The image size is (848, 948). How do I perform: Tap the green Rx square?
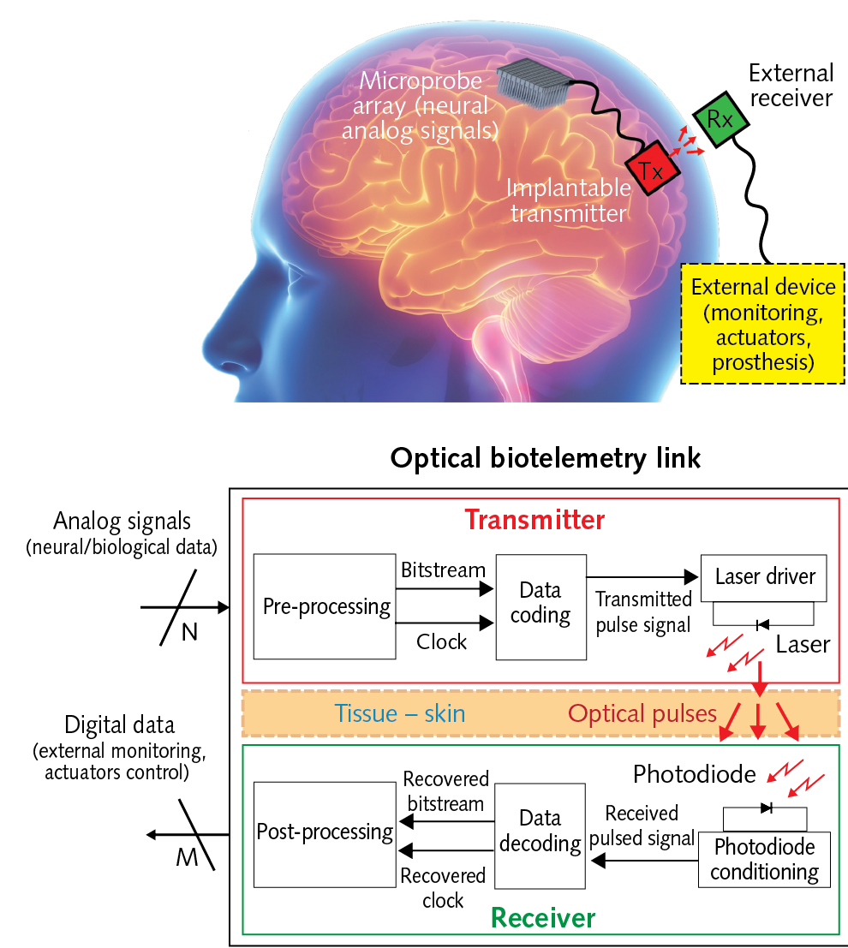(x=719, y=119)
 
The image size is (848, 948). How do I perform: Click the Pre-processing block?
(x=325, y=607)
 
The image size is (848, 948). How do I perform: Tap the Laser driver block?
(x=764, y=576)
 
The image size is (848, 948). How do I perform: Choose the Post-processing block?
(x=325, y=831)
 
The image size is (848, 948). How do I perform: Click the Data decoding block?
(x=540, y=831)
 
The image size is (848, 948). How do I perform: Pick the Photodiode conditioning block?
(x=764, y=860)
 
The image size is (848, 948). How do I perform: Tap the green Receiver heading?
(x=542, y=919)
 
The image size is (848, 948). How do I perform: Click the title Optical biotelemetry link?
(x=546, y=458)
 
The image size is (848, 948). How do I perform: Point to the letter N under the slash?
(x=188, y=633)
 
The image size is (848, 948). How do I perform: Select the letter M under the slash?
(x=187, y=857)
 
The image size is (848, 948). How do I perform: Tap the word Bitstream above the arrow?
(x=442, y=569)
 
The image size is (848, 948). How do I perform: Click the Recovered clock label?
(x=443, y=888)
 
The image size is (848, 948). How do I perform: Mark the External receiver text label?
(x=790, y=85)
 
